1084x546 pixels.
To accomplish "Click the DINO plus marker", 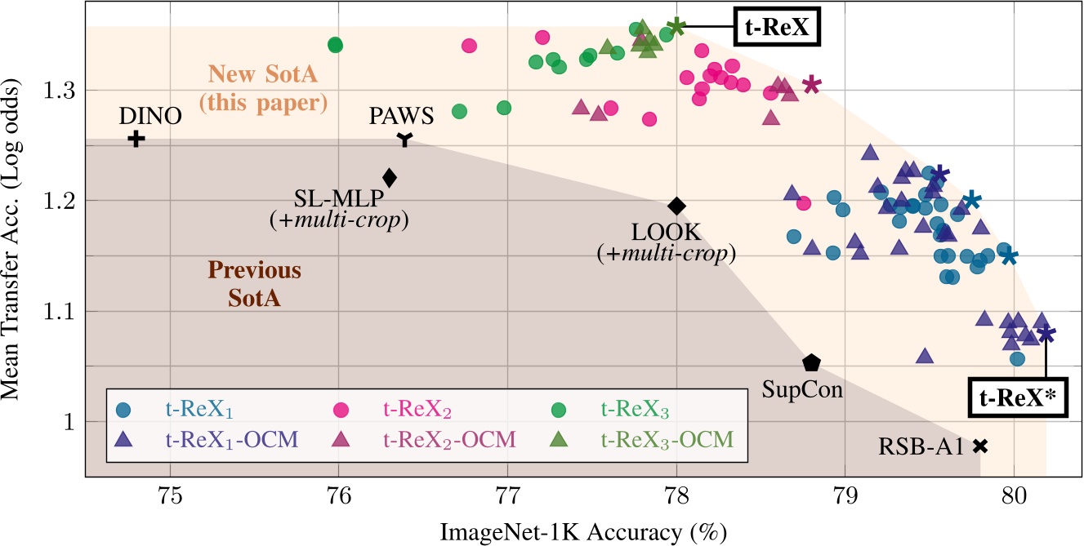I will (x=136, y=139).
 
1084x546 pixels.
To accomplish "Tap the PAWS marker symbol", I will (x=404, y=140).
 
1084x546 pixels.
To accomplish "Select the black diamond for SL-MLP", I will (x=389, y=177).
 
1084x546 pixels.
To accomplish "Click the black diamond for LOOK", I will (x=676, y=206).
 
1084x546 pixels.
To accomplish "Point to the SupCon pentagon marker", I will (x=811, y=362).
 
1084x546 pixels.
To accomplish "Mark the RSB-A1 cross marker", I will (x=980, y=446).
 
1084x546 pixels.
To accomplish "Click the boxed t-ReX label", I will (x=777, y=27).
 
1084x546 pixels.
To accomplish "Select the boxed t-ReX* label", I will (x=1017, y=397).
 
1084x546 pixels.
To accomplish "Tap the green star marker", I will (x=676, y=27).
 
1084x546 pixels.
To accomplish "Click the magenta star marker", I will (x=811, y=85).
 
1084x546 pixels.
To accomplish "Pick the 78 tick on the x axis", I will (x=676, y=495).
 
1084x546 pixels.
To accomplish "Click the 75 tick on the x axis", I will (x=170, y=495).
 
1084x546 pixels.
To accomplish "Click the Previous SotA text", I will (x=254, y=283).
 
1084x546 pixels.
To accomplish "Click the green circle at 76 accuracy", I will (x=335, y=45).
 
